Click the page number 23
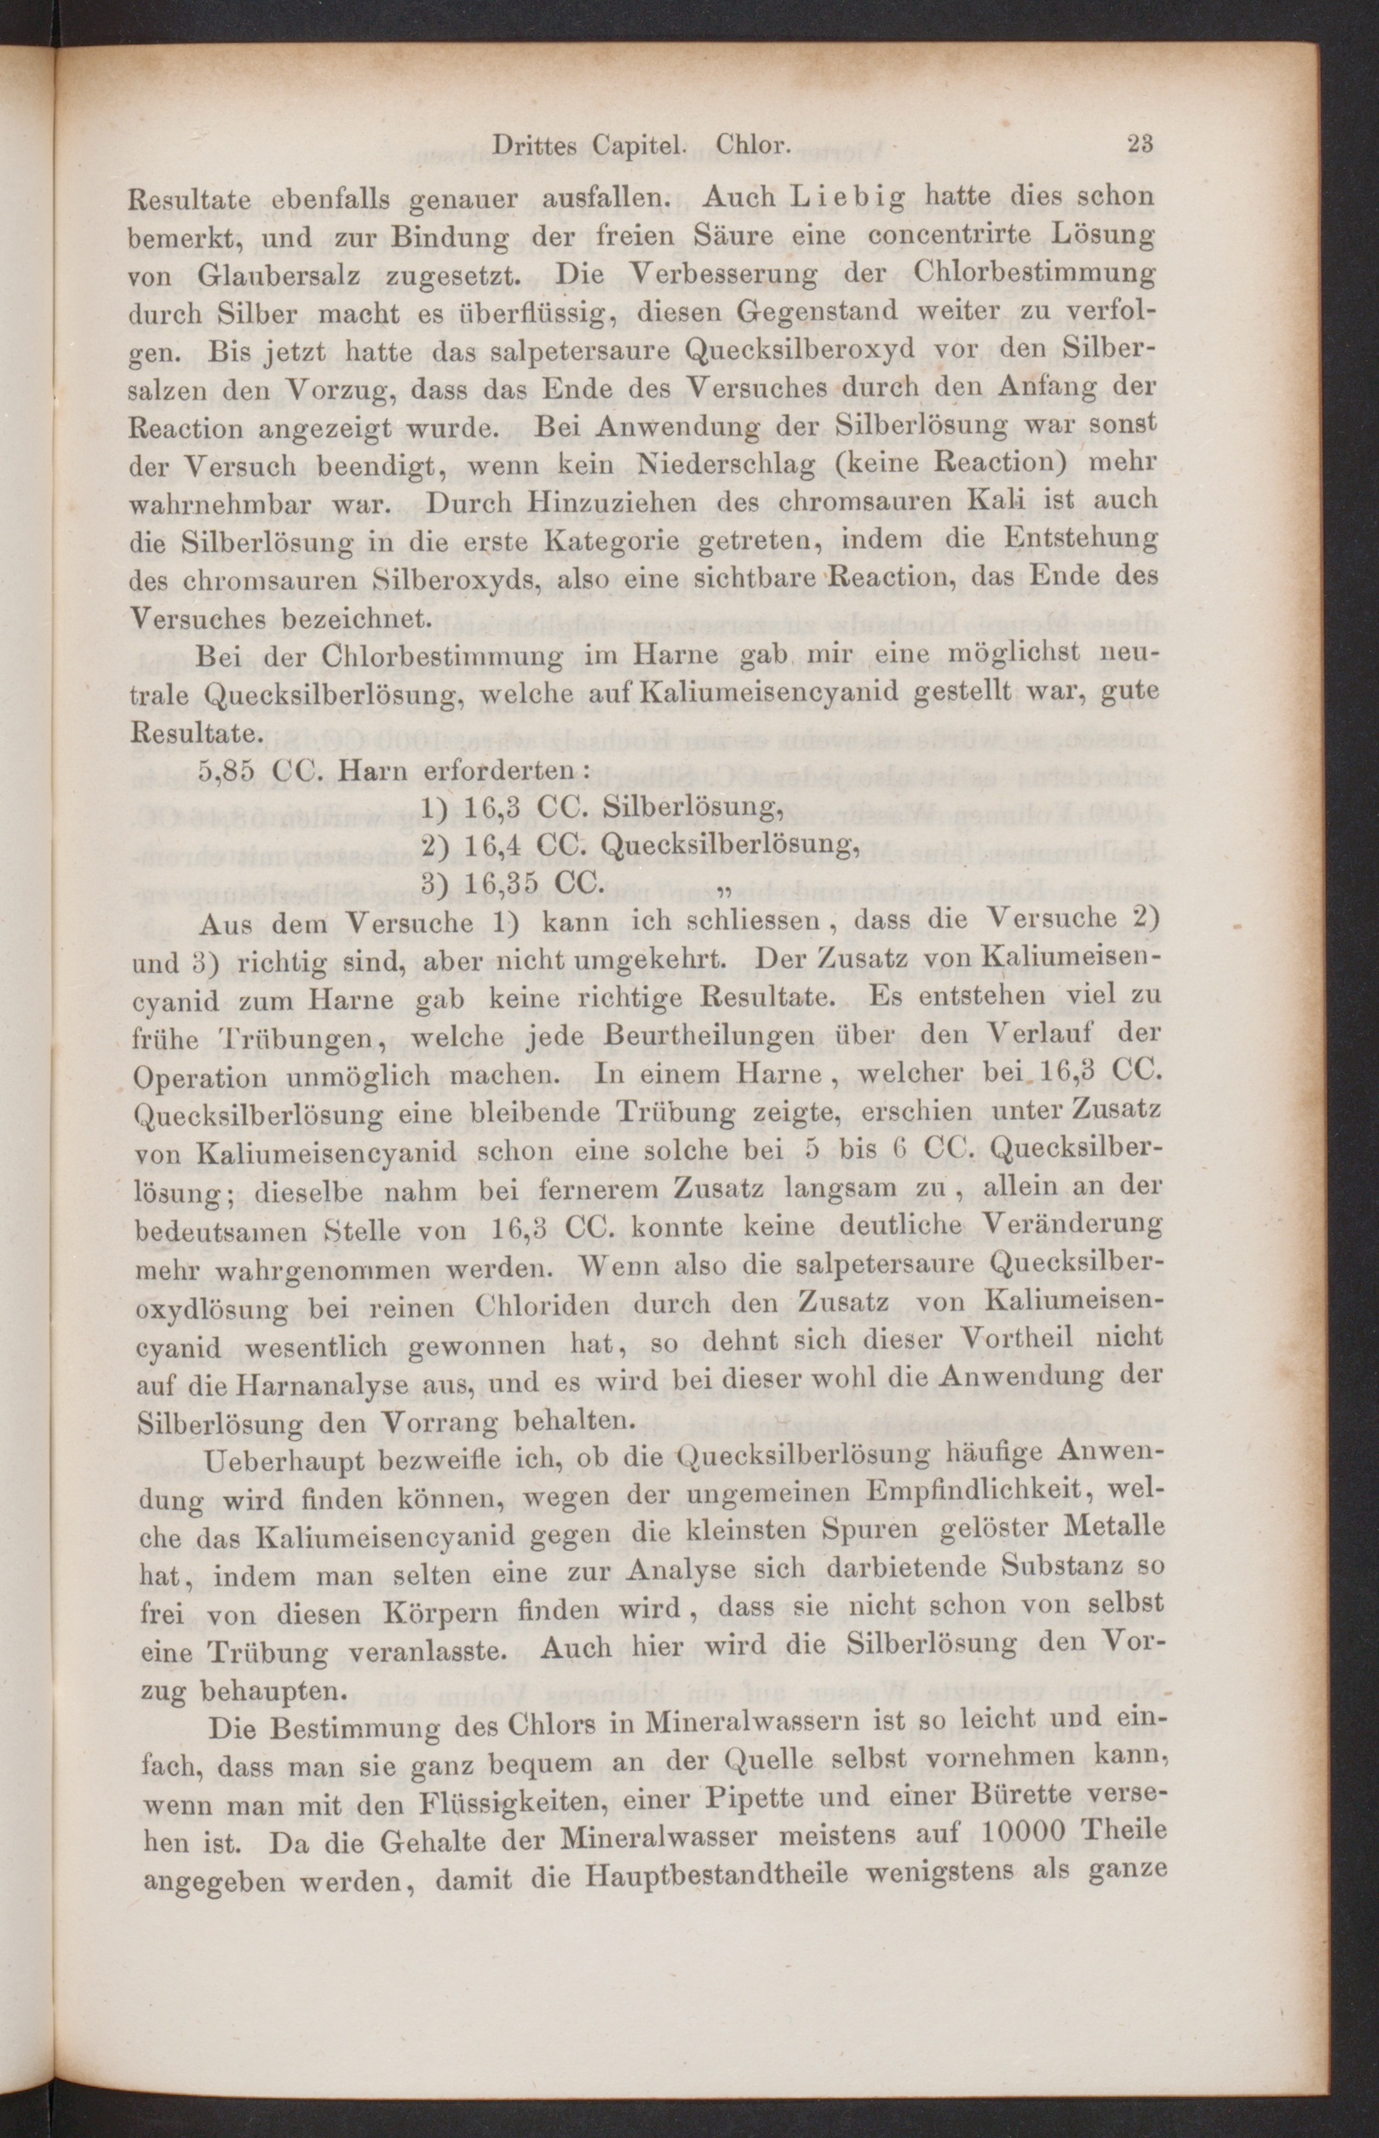point(1139,144)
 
